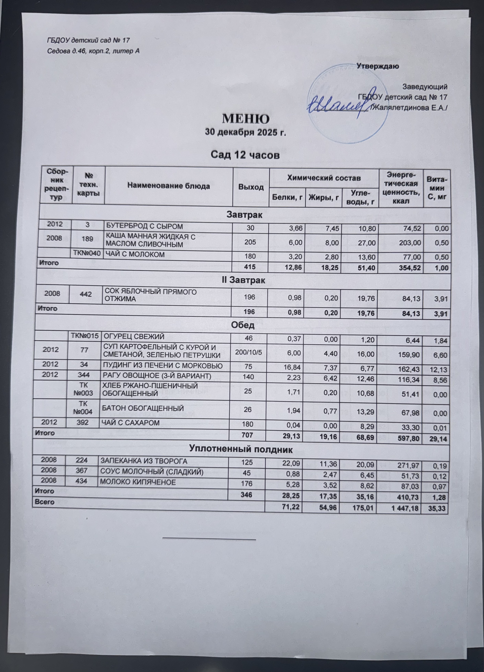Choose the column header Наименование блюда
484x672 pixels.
click(168, 186)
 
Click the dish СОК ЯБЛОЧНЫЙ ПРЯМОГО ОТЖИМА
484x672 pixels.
click(151, 295)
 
